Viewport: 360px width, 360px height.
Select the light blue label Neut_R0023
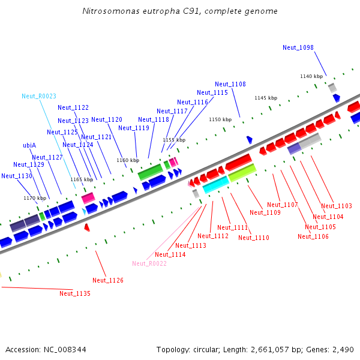[39, 96]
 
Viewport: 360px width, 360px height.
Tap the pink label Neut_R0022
[149, 263]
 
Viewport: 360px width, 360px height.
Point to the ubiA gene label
[29, 145]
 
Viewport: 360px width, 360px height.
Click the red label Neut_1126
[108, 280]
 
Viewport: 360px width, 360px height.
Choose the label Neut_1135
[75, 293]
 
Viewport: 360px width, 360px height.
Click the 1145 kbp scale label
[266, 98]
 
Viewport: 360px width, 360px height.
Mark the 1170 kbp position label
[35, 198]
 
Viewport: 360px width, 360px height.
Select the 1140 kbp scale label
[311, 76]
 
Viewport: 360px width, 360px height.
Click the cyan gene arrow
[215, 184]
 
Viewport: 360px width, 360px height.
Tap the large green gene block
[151, 172]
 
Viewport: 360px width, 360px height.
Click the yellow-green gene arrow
[242, 173]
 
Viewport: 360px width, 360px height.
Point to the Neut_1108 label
[230, 84]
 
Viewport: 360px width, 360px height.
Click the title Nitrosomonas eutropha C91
[180, 11]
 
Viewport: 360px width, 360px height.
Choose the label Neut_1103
[337, 206]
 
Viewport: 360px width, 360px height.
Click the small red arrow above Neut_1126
[87, 227]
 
